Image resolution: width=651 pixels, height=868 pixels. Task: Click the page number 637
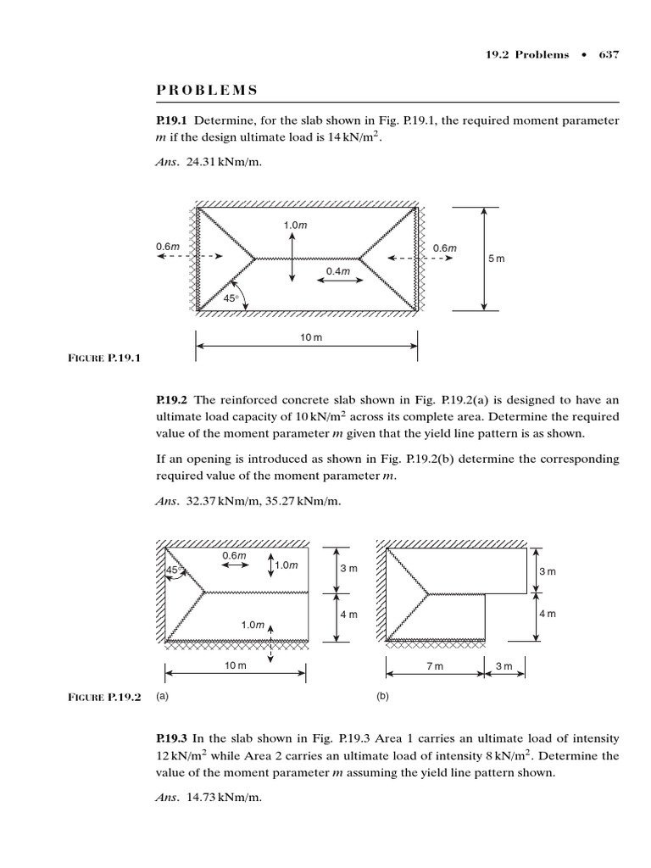click(x=609, y=55)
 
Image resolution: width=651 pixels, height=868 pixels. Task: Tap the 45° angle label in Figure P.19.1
click(x=231, y=298)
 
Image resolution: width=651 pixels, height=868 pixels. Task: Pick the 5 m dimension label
click(x=496, y=258)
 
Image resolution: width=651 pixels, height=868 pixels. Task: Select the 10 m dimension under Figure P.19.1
click(x=311, y=337)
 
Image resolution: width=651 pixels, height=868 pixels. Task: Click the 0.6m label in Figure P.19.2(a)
click(x=234, y=555)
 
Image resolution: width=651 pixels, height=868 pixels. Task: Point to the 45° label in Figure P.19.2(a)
click(x=173, y=570)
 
